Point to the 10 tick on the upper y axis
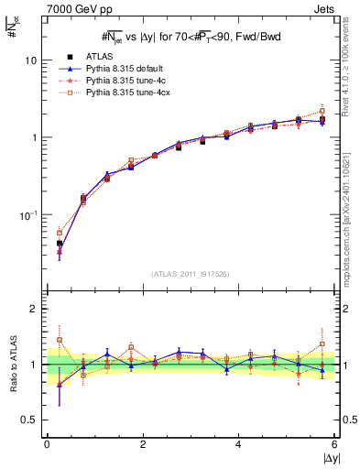coord(30,60)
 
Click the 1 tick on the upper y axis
coord(34,137)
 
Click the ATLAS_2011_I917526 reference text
coord(191,273)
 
